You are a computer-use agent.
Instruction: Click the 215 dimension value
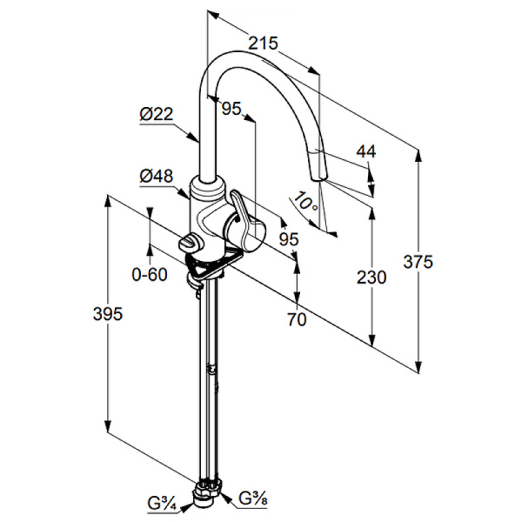(x=262, y=41)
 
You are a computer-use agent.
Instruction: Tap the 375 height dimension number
(x=418, y=260)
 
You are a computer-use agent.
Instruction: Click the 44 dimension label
(x=366, y=151)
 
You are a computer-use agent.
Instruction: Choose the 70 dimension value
(x=298, y=319)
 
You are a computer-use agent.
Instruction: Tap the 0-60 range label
(x=149, y=274)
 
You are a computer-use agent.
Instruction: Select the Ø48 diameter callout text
(x=156, y=177)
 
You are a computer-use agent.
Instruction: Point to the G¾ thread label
(x=161, y=502)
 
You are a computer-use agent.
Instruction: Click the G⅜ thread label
(x=253, y=499)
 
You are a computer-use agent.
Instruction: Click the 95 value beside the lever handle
(x=288, y=238)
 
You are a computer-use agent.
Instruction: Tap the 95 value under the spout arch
(x=231, y=108)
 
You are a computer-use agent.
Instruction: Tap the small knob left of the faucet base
(x=191, y=244)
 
